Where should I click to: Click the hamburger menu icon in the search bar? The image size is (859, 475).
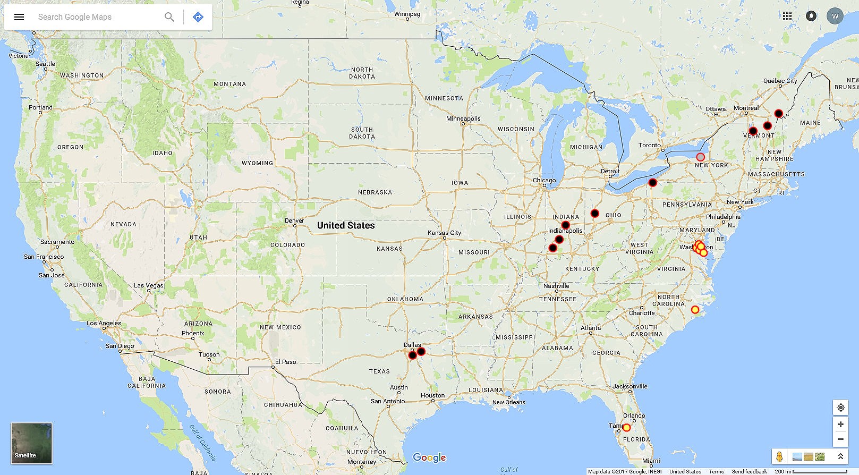click(19, 17)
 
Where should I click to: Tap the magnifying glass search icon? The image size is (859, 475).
click(169, 17)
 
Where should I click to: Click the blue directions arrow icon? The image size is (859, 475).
click(198, 17)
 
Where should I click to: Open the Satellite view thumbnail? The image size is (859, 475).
click(32, 443)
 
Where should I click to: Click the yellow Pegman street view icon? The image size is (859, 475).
click(779, 457)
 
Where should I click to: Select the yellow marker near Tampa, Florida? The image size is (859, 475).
click(626, 428)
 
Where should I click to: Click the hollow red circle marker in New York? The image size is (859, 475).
click(700, 157)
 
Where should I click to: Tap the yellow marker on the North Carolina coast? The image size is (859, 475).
click(695, 310)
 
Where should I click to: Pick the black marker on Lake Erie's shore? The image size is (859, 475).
click(653, 183)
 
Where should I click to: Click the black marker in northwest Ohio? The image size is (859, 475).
click(595, 214)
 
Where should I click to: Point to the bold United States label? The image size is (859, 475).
click(346, 225)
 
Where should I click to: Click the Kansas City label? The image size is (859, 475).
click(445, 233)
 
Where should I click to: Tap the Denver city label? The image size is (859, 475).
click(294, 220)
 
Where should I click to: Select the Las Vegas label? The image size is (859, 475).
click(149, 285)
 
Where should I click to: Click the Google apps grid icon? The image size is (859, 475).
click(787, 16)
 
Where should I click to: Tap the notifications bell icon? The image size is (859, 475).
click(811, 16)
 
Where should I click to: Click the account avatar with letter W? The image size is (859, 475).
click(835, 16)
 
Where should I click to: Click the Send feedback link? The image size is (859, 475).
click(749, 471)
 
